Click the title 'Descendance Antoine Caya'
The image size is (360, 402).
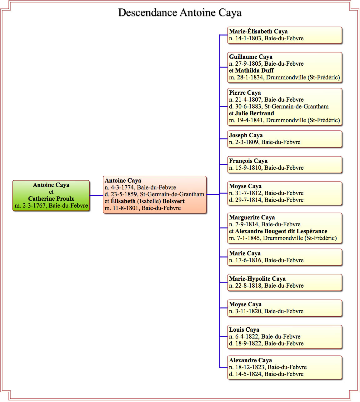pyautogui.click(x=180, y=13)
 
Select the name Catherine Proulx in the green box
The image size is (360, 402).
pyautogui.click(x=51, y=198)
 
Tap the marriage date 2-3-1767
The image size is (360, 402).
pyautogui.click(x=34, y=205)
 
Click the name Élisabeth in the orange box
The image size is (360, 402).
pyautogui.click(x=123, y=201)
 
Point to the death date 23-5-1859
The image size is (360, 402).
pyautogui.click(x=124, y=194)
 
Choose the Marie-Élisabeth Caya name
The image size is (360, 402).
pyautogui.click(x=258, y=31)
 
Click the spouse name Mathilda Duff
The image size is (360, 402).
pyautogui.click(x=254, y=70)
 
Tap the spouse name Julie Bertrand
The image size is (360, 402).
pyautogui.click(x=254, y=113)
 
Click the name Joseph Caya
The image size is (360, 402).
pyautogui.click(x=246, y=135)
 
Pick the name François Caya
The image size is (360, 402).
pyautogui.click(x=248, y=161)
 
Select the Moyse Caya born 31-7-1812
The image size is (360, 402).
pyautogui.click(x=245, y=186)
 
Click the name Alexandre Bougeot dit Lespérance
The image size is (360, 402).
pyautogui.click(x=281, y=231)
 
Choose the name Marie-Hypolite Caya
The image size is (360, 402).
pyautogui.click(x=257, y=279)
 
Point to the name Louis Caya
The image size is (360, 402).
pyautogui.click(x=244, y=329)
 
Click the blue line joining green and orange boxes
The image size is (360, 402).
pyautogui.click(x=96, y=195)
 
